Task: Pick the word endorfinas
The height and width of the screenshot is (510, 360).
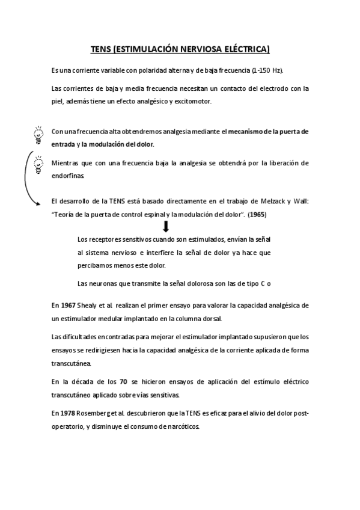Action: coord(69,176)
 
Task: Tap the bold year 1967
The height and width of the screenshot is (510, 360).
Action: coord(69,306)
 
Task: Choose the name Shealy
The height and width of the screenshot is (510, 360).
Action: coord(89,306)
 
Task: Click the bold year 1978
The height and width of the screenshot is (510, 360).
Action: coord(69,413)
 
